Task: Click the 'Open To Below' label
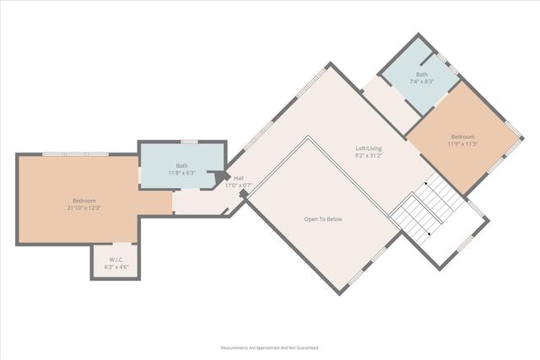(x=323, y=219)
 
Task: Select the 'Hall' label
(x=239, y=178)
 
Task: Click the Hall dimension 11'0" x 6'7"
(x=239, y=185)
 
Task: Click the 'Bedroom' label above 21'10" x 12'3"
(x=84, y=200)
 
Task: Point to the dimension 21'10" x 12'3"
(x=84, y=207)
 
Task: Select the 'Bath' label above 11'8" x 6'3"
(x=181, y=165)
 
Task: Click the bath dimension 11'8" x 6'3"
(x=181, y=173)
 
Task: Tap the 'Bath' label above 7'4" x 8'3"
(x=421, y=74)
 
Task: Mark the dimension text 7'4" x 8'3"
(x=421, y=82)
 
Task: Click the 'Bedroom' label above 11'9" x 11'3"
(x=462, y=137)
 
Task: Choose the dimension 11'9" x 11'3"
(x=462, y=144)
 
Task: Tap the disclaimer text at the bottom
(x=270, y=347)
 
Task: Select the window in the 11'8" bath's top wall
(x=190, y=142)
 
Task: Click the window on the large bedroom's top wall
(x=76, y=153)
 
